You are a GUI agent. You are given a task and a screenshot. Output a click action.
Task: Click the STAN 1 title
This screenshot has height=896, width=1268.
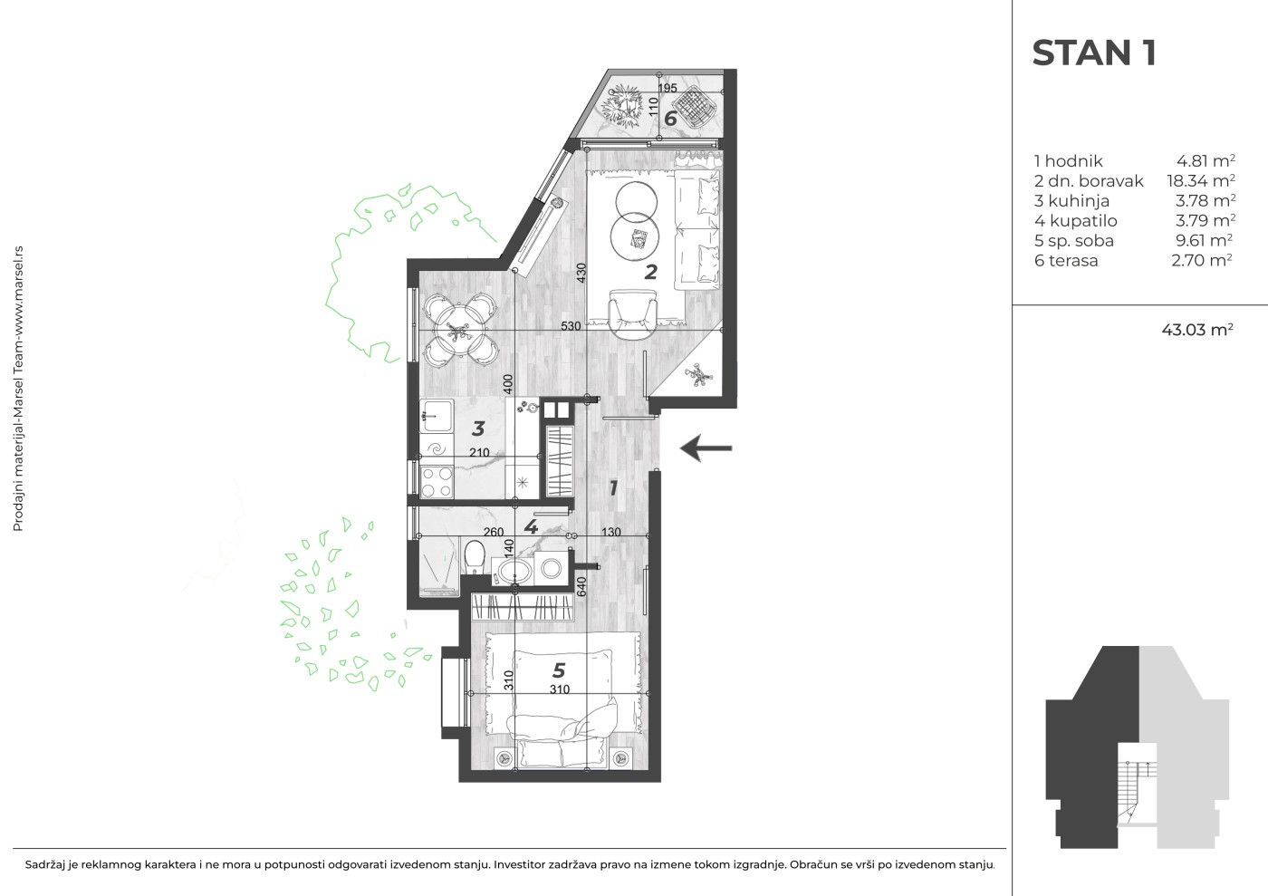coord(1094,53)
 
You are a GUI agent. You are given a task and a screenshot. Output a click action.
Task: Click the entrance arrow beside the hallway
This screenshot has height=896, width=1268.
coord(706,448)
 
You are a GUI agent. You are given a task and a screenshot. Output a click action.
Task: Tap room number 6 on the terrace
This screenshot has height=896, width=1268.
coord(670,119)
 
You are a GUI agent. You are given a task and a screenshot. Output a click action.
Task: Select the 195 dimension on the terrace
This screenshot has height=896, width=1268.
coord(668,88)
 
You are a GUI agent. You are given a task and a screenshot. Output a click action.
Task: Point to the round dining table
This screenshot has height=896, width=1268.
coord(460,330)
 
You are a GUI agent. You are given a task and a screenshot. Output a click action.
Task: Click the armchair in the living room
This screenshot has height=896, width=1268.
coord(633,314)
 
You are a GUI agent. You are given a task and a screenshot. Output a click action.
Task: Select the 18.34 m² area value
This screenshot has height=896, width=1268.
coord(1201,180)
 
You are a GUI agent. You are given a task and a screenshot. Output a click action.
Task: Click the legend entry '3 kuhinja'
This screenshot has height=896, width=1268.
coord(1071,201)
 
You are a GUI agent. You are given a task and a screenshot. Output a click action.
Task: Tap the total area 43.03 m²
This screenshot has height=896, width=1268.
coord(1197,330)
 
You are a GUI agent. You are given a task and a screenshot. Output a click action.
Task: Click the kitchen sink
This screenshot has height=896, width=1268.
coord(437,417)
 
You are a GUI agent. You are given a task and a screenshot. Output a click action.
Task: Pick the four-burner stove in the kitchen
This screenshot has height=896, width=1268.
coord(437,481)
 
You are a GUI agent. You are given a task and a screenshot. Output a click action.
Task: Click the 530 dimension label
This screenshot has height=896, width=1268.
coord(571,326)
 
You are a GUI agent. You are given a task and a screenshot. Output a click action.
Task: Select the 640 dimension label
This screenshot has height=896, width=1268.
coord(581,585)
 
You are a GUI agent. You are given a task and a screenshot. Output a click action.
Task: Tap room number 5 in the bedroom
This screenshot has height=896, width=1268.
coord(559,670)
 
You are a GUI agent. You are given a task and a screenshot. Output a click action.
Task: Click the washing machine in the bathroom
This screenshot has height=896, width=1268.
coord(551,567)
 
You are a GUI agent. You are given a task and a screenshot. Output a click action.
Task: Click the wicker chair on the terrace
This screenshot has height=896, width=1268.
coord(695,109)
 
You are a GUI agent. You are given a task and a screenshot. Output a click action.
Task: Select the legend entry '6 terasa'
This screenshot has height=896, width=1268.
coord(1066,261)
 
